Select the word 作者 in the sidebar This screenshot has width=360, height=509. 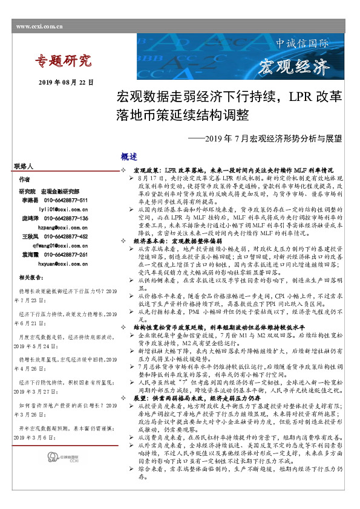coord(24,180)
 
